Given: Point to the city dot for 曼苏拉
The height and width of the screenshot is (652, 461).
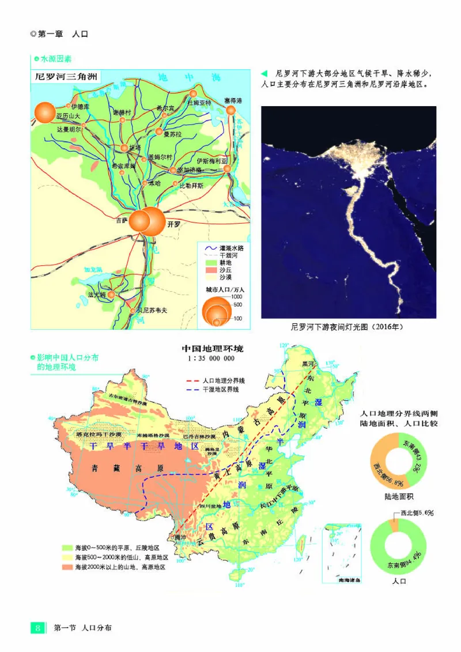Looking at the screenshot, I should pos(160,132).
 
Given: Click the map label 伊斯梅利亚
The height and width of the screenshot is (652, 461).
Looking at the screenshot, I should pos(212,161).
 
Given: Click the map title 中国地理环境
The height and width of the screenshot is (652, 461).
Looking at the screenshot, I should pos(213,349).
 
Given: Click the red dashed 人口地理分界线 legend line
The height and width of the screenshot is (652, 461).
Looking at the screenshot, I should pos(191,381).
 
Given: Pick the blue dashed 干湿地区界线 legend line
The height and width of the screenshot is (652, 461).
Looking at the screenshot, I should pos(191,390).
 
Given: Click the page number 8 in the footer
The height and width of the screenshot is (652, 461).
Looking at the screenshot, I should pos(37,628).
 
